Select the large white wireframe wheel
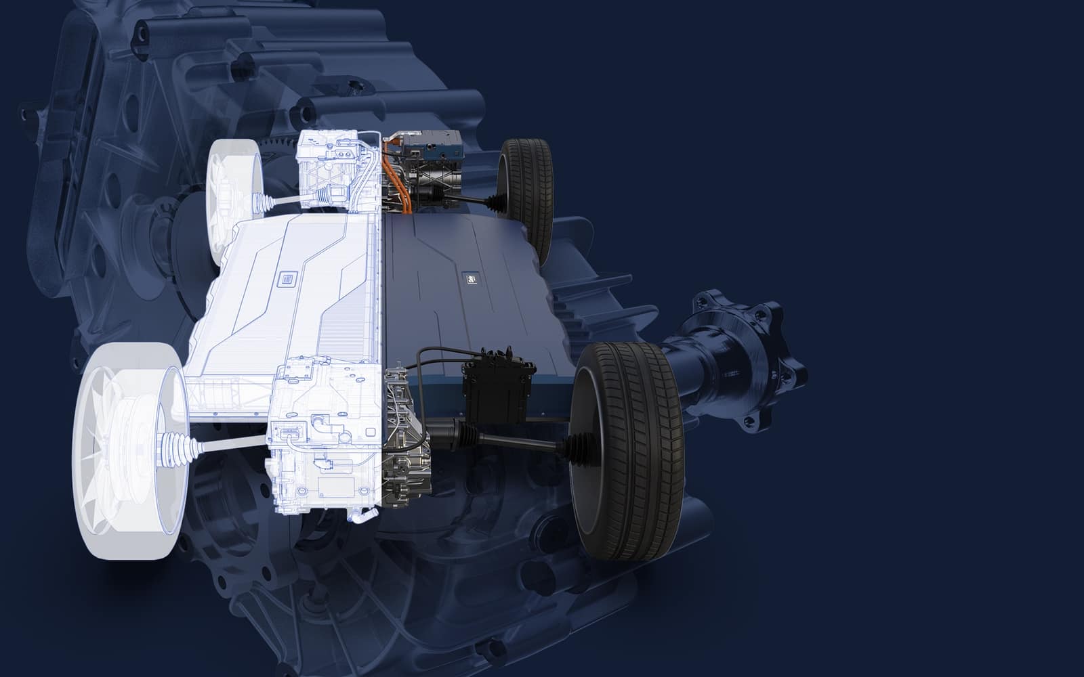(x=129, y=440)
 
